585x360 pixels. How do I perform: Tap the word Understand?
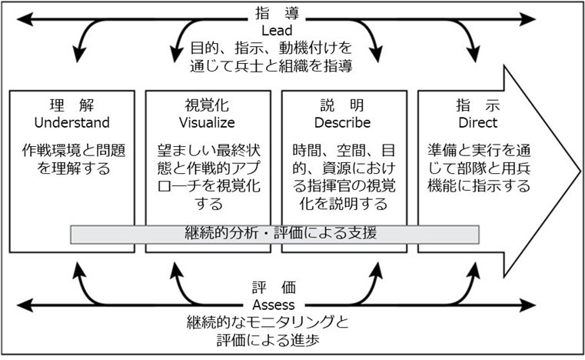coord(73,122)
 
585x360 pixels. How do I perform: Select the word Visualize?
coord(207,122)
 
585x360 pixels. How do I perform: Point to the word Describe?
coord(343,122)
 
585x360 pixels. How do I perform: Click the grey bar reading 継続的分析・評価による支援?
coord(274,233)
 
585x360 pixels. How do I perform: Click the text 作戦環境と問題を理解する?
coord(73,158)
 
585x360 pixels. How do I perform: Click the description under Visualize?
coord(207,177)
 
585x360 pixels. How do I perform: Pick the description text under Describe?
coord(343,177)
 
